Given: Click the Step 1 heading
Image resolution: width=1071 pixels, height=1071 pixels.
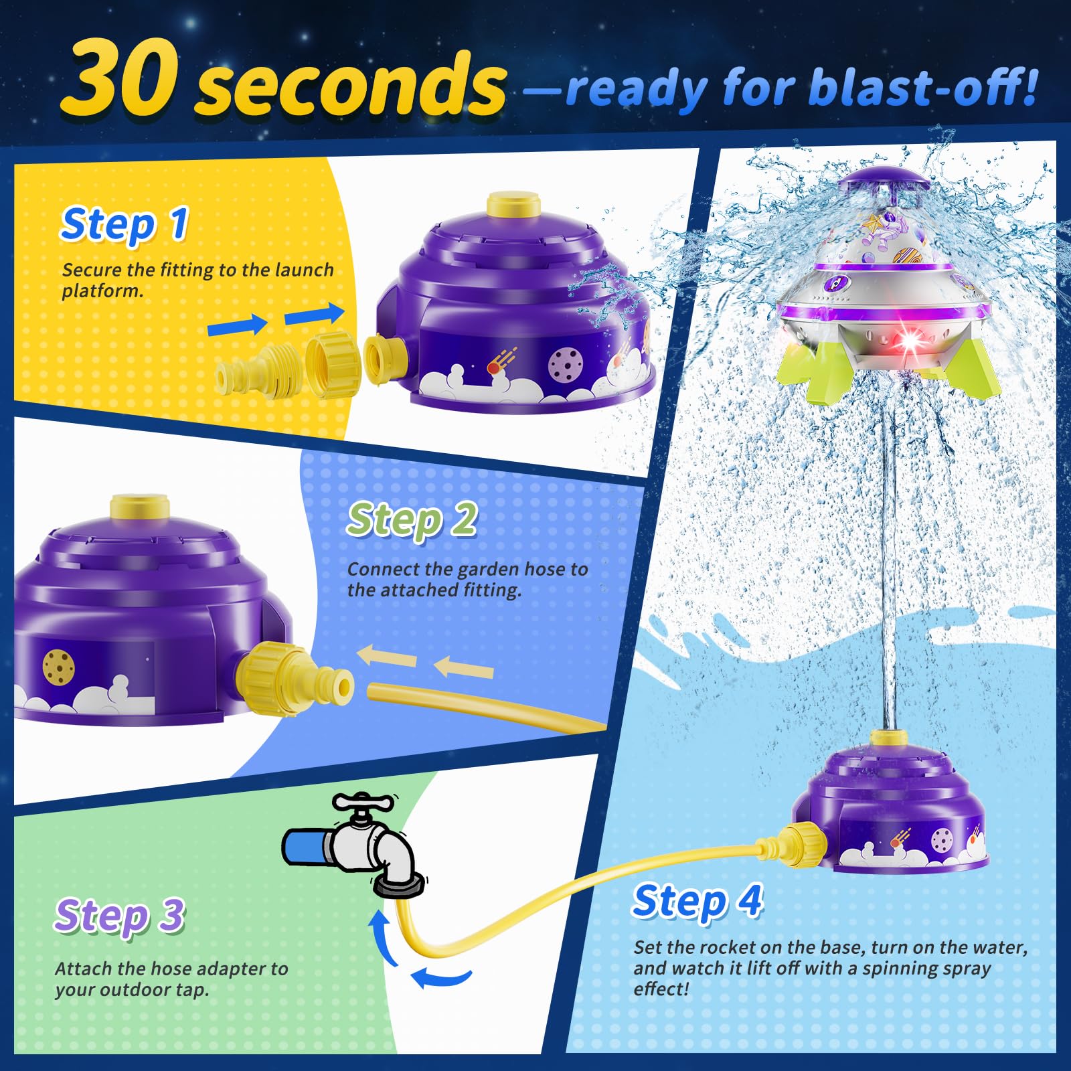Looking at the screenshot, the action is tap(125, 224).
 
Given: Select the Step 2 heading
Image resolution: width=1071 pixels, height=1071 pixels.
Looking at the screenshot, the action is tap(412, 519).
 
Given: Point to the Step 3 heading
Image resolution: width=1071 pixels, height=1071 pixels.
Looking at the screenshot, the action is tap(119, 916).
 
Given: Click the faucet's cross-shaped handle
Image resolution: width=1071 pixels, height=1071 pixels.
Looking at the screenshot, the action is tap(364, 803).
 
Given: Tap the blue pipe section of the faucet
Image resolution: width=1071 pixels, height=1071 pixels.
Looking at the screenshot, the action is tap(305, 846).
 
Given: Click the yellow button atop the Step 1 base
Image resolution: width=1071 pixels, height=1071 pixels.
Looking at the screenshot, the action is tap(513, 203).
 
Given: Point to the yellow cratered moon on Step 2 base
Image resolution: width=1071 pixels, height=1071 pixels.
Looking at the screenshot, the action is tap(59, 666).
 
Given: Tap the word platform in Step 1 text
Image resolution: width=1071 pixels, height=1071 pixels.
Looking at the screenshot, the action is tap(102, 291).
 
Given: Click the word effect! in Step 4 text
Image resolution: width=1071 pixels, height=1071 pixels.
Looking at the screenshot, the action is tap(661, 989).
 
